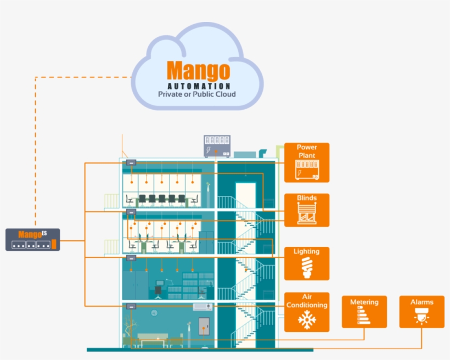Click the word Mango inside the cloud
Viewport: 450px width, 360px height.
[x=199, y=70]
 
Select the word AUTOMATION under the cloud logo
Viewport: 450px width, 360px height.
[x=199, y=86]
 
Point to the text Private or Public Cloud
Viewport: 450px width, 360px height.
[x=197, y=94]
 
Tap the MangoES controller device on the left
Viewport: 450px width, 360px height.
[x=33, y=240]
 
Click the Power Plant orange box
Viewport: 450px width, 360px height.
[x=307, y=162]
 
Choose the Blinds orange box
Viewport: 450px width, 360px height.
[x=307, y=210]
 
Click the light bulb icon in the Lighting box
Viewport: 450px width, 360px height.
[x=307, y=268]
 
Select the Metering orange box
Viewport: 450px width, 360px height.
[x=364, y=312]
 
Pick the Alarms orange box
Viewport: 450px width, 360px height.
[x=421, y=312]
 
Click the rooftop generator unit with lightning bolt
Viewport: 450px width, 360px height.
[x=217, y=147]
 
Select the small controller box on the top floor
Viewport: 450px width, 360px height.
[x=131, y=163]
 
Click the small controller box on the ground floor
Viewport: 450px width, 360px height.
[x=131, y=306]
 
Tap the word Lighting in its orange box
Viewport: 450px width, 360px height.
[x=306, y=252]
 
